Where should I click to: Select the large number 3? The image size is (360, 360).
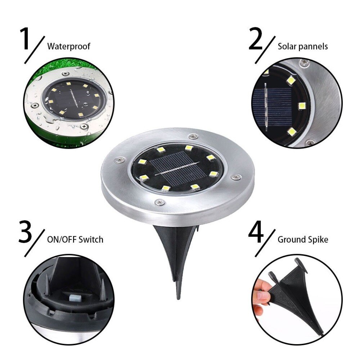tap(26, 232)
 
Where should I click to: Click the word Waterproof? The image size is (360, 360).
tap(68, 46)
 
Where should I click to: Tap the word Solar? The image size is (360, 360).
tap(287, 46)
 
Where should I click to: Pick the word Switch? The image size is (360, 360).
tap(91, 239)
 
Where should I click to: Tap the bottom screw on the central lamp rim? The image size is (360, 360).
tap(159, 203)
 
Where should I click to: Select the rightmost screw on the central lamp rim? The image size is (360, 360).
tap(237, 177)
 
